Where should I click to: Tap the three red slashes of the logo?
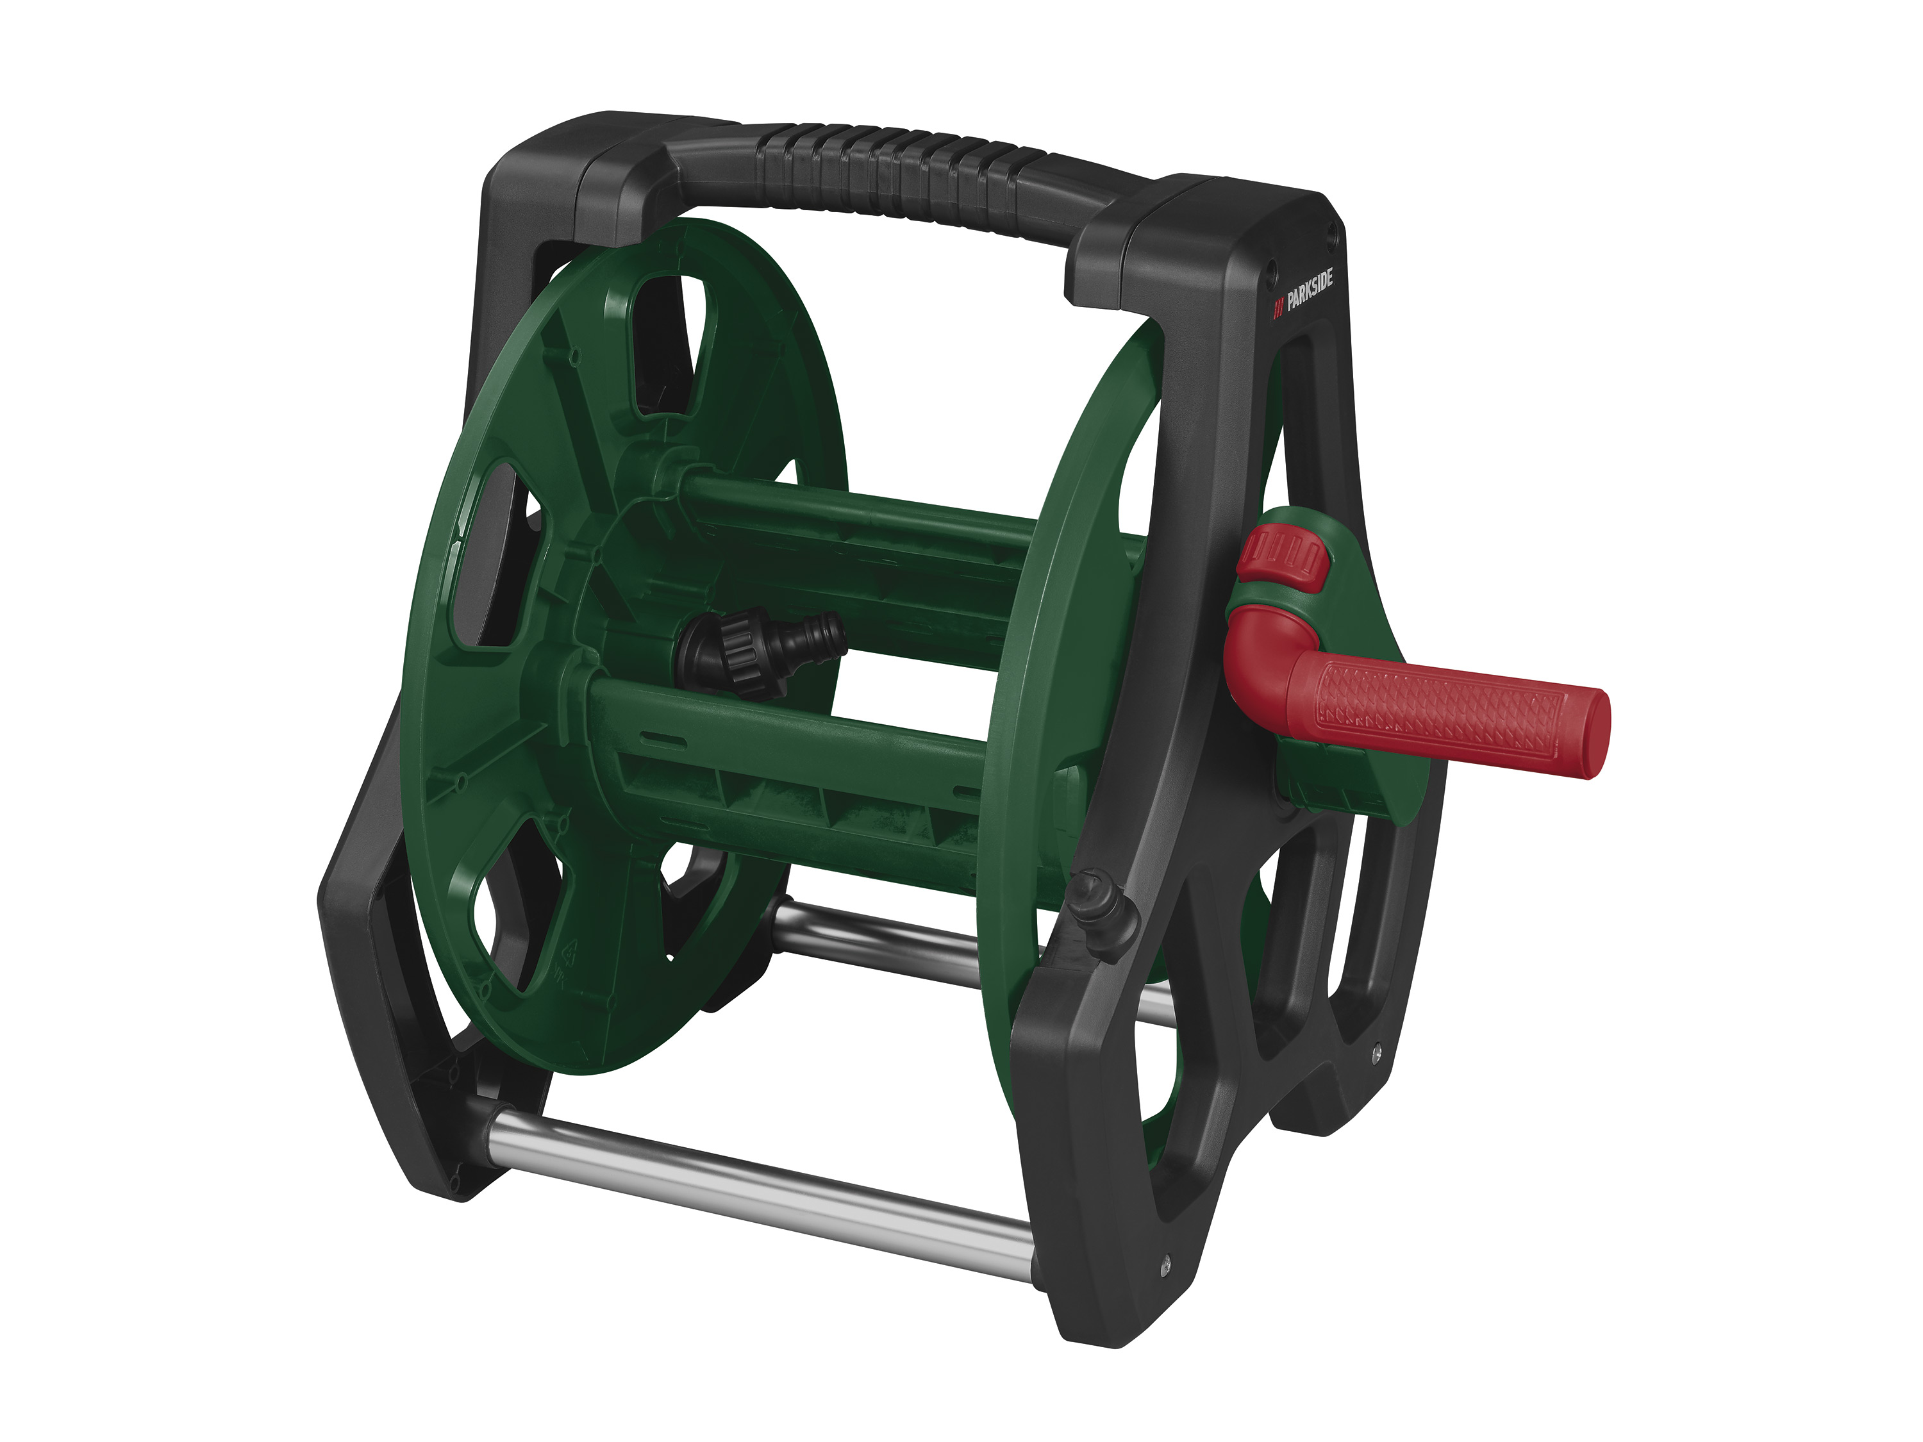1279,308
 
